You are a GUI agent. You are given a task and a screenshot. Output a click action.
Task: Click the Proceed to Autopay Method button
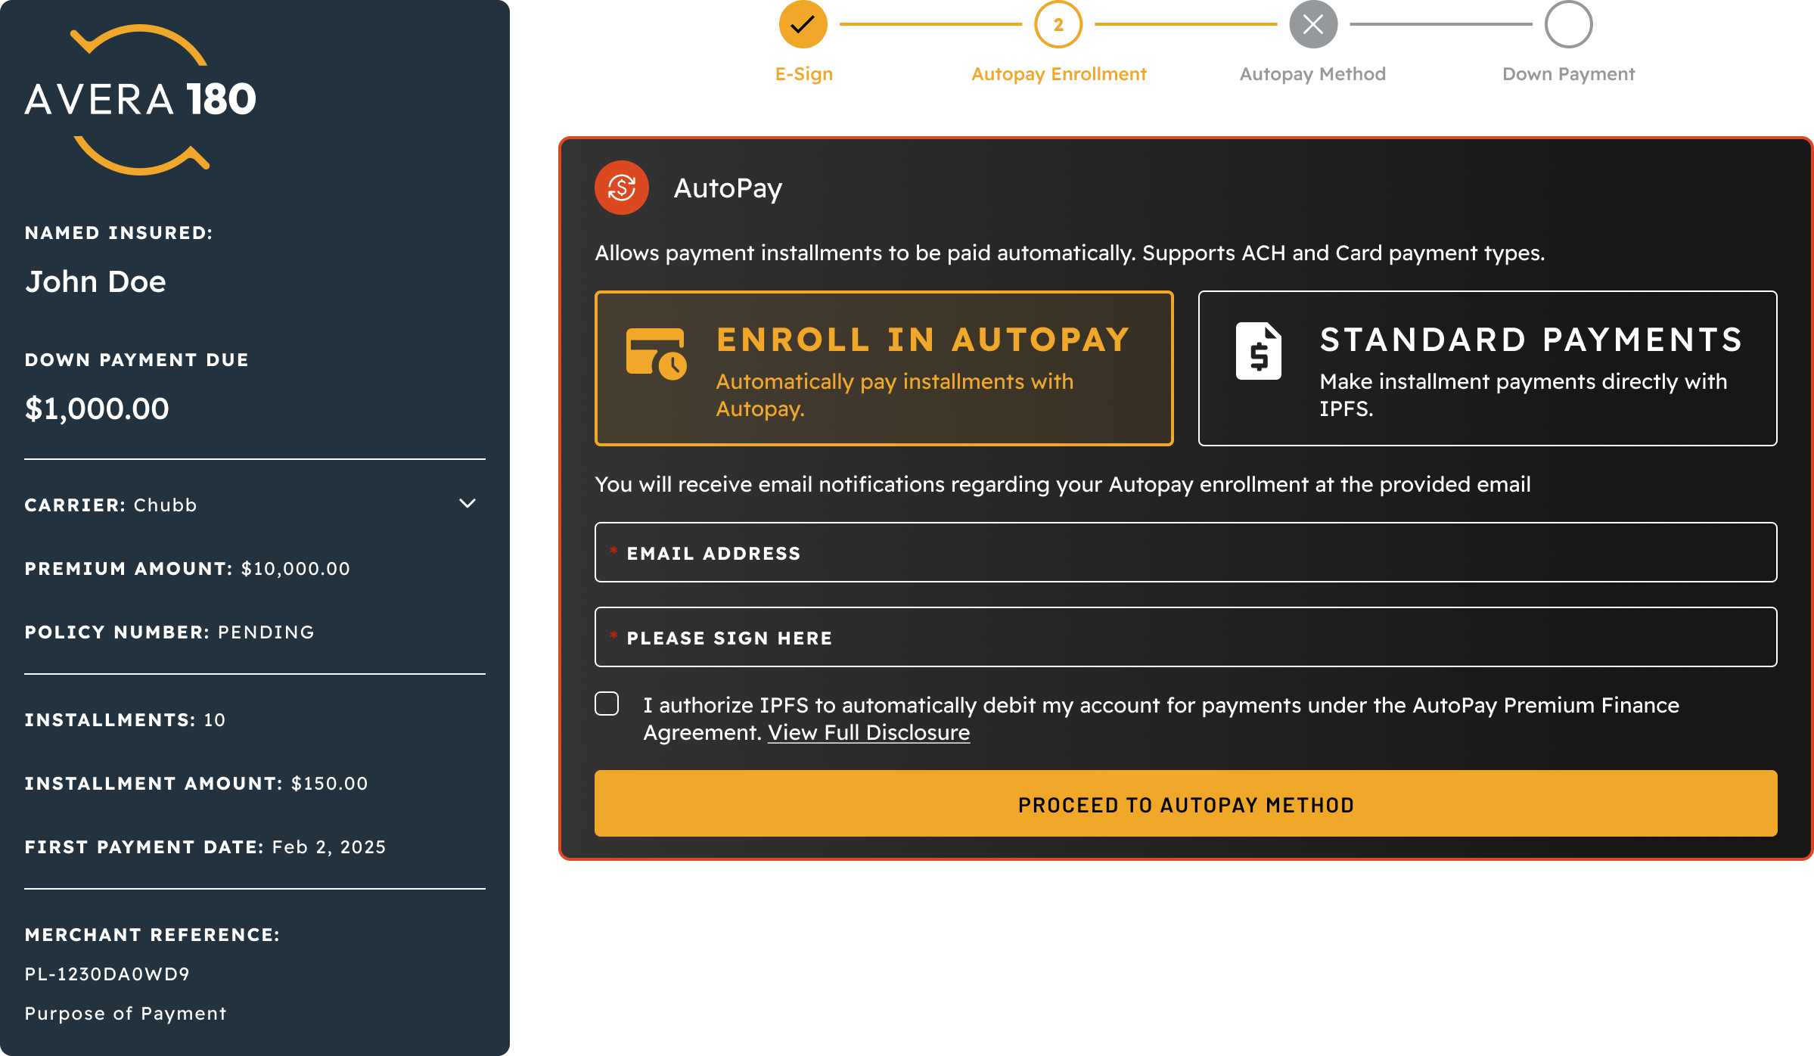pyautogui.click(x=1185, y=803)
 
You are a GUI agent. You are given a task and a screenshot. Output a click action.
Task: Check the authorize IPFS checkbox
pyautogui.click(x=607, y=703)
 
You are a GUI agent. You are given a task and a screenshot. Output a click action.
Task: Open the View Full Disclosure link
pyautogui.click(x=868, y=732)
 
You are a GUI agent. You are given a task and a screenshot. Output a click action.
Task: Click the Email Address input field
pyautogui.click(x=1185, y=552)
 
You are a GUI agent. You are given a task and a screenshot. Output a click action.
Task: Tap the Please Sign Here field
pyautogui.click(x=1185, y=637)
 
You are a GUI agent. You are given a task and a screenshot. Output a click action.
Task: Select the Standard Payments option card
pyautogui.click(x=1487, y=368)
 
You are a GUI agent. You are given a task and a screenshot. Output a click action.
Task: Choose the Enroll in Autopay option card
pyautogui.click(x=884, y=368)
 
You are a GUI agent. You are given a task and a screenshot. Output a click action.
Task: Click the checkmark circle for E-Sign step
pyautogui.click(x=803, y=24)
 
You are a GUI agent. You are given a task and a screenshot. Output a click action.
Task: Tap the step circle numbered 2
pyautogui.click(x=1058, y=24)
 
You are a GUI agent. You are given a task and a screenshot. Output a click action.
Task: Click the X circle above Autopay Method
pyautogui.click(x=1313, y=24)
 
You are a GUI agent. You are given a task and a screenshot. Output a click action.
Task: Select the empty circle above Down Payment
pyautogui.click(x=1568, y=24)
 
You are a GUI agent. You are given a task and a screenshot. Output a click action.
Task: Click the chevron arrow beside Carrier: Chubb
pyautogui.click(x=467, y=504)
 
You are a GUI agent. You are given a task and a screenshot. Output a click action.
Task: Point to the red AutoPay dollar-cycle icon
pyautogui.click(x=622, y=188)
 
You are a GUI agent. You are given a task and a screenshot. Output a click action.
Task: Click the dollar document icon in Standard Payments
pyautogui.click(x=1259, y=351)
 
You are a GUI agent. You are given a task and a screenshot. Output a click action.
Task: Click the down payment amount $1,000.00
pyautogui.click(x=97, y=409)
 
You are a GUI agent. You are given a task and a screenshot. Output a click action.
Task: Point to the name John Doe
pyautogui.click(x=95, y=281)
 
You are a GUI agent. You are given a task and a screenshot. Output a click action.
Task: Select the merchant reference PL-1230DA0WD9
pyautogui.click(x=107, y=974)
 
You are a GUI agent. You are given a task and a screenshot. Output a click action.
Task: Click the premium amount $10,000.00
pyautogui.click(x=296, y=569)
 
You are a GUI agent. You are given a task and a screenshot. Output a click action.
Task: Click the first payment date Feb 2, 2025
pyautogui.click(x=329, y=847)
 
